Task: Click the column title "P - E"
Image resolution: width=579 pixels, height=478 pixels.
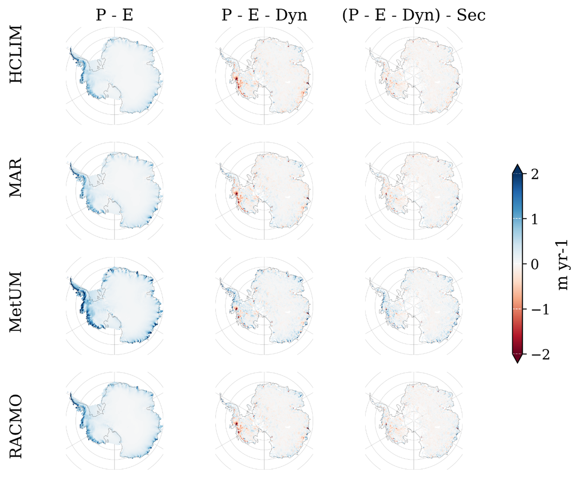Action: (x=114, y=15)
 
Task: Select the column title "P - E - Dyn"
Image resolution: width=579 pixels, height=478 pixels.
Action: (x=264, y=15)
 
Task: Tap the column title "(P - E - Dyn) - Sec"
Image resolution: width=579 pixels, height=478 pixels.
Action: (x=414, y=15)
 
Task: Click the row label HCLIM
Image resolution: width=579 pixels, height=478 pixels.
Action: (x=16, y=54)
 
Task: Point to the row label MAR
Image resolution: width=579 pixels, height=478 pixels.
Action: (x=16, y=178)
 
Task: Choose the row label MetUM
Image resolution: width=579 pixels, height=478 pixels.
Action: (x=16, y=302)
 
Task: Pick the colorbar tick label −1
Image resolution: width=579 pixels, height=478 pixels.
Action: (x=537, y=309)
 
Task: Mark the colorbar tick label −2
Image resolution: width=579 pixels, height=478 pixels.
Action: (x=537, y=354)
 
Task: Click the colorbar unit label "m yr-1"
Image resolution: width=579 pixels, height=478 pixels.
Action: (x=563, y=264)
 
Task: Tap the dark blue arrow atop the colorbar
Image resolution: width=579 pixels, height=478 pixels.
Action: (x=517, y=169)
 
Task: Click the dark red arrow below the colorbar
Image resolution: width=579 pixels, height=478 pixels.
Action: (x=517, y=359)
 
